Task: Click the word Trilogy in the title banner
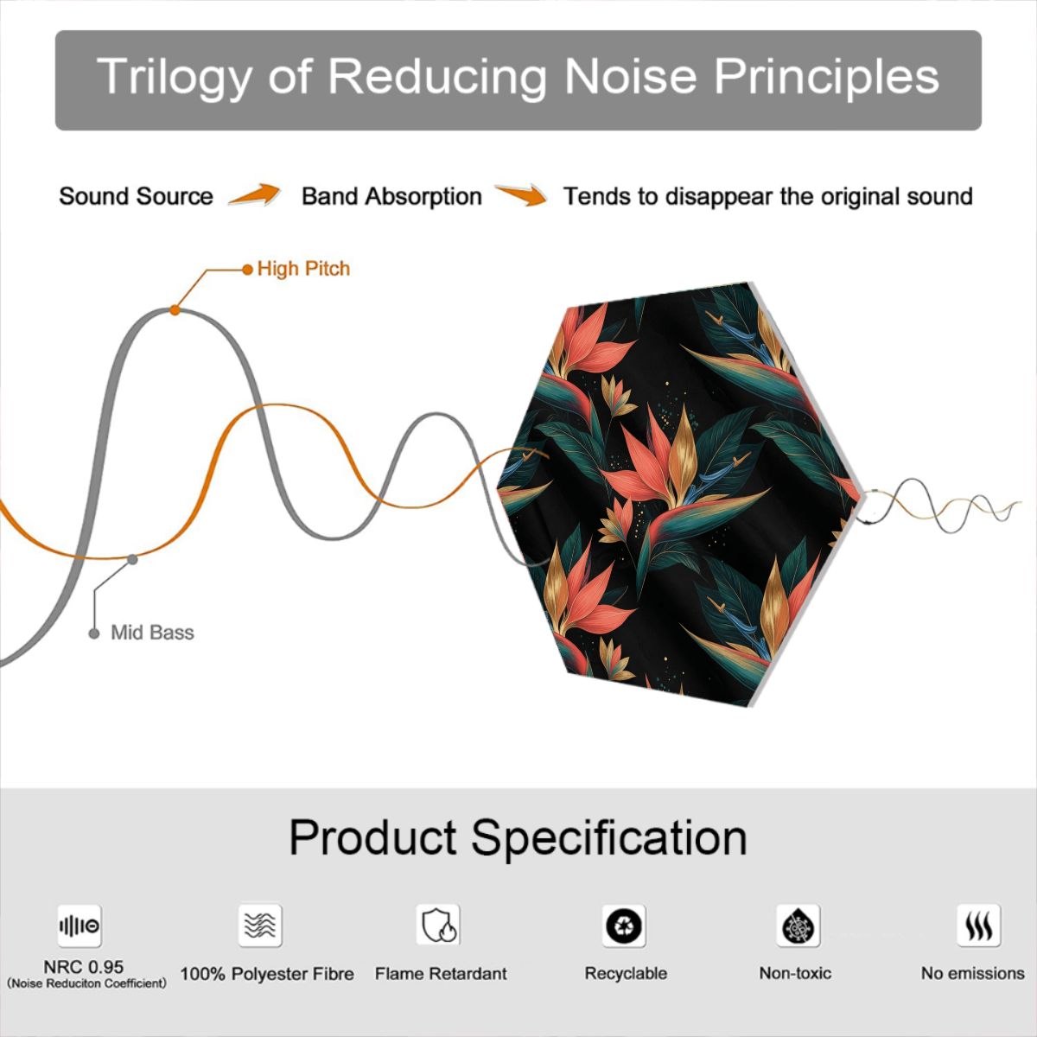(x=175, y=78)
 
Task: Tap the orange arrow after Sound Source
(x=254, y=194)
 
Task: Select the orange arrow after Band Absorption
(x=521, y=194)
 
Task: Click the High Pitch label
(x=303, y=269)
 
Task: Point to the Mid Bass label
(x=152, y=633)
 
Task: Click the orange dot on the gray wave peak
(x=175, y=310)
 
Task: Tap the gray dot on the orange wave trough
(x=132, y=560)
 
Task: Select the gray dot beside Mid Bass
(x=94, y=633)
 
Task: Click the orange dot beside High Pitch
(x=247, y=270)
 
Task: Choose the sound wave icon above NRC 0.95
(x=80, y=926)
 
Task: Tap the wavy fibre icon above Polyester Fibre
(x=260, y=926)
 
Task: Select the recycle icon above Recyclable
(x=624, y=926)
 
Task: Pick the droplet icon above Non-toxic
(x=798, y=926)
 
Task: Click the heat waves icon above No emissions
(x=979, y=926)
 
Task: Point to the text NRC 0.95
(x=84, y=967)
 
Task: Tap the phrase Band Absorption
(x=391, y=196)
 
